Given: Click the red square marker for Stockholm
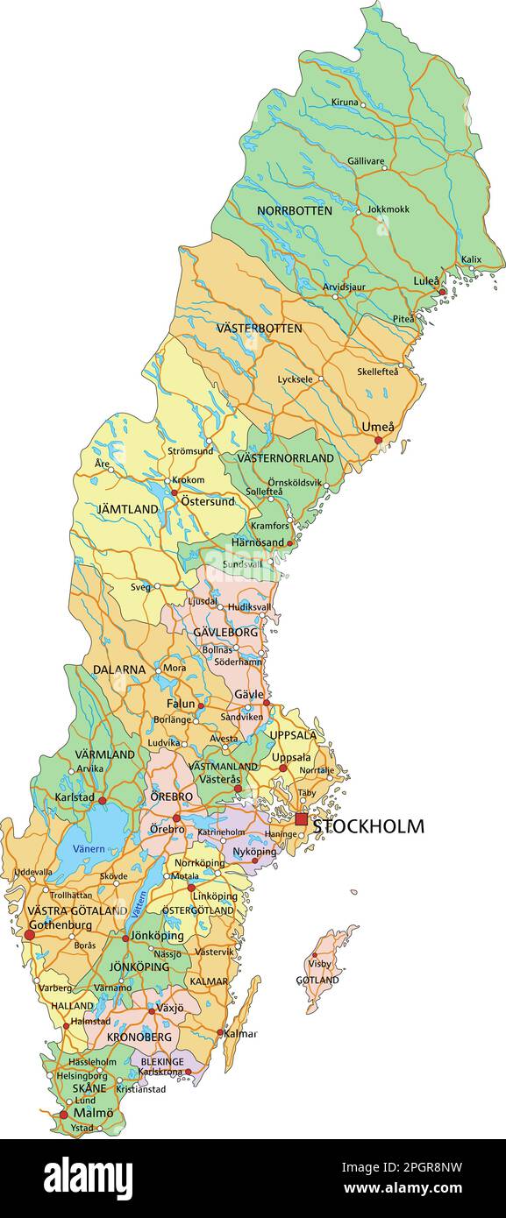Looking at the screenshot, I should click(x=302, y=819).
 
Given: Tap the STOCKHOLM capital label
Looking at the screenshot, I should click(x=368, y=825).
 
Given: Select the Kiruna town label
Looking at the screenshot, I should click(x=345, y=103).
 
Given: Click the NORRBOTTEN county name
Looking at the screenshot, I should click(x=294, y=211).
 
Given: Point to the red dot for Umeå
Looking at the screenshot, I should click(x=379, y=440).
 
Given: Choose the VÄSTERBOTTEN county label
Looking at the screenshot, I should click(x=259, y=328).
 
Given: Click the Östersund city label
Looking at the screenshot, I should click(x=207, y=501).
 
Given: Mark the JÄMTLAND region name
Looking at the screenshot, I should click(x=127, y=508).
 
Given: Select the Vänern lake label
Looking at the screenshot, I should click(x=89, y=848).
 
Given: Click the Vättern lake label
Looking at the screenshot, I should click(x=140, y=904).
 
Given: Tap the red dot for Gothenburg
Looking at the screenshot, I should click(x=29, y=936).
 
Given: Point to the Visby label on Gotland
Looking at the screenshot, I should click(x=320, y=964).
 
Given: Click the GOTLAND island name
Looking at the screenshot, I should click(x=317, y=980).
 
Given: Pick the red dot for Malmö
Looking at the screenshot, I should click(x=63, y=1115).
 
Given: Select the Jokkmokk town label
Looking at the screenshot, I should click(x=388, y=209).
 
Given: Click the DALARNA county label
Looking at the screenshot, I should click(x=118, y=669).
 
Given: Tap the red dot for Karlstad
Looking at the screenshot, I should click(x=102, y=800).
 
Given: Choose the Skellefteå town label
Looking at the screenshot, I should click(x=378, y=371).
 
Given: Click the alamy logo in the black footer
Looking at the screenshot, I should click(x=89, y=1177).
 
